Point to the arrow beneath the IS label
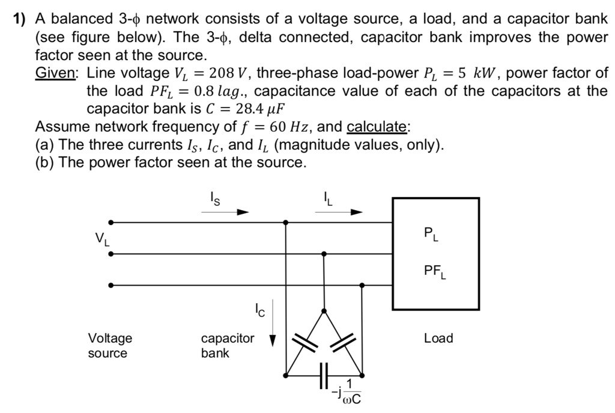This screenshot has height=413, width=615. [225, 211]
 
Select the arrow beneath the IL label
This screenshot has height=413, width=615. [340, 211]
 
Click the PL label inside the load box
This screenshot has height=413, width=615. [431, 234]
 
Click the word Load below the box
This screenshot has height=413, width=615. [438, 338]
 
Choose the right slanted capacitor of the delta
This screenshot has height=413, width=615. [344, 342]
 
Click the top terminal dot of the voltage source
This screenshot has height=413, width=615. [111, 222]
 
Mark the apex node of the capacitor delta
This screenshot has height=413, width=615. [324, 311]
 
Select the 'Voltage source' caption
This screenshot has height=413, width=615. [110, 345]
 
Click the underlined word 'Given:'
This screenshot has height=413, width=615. [55, 73]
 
